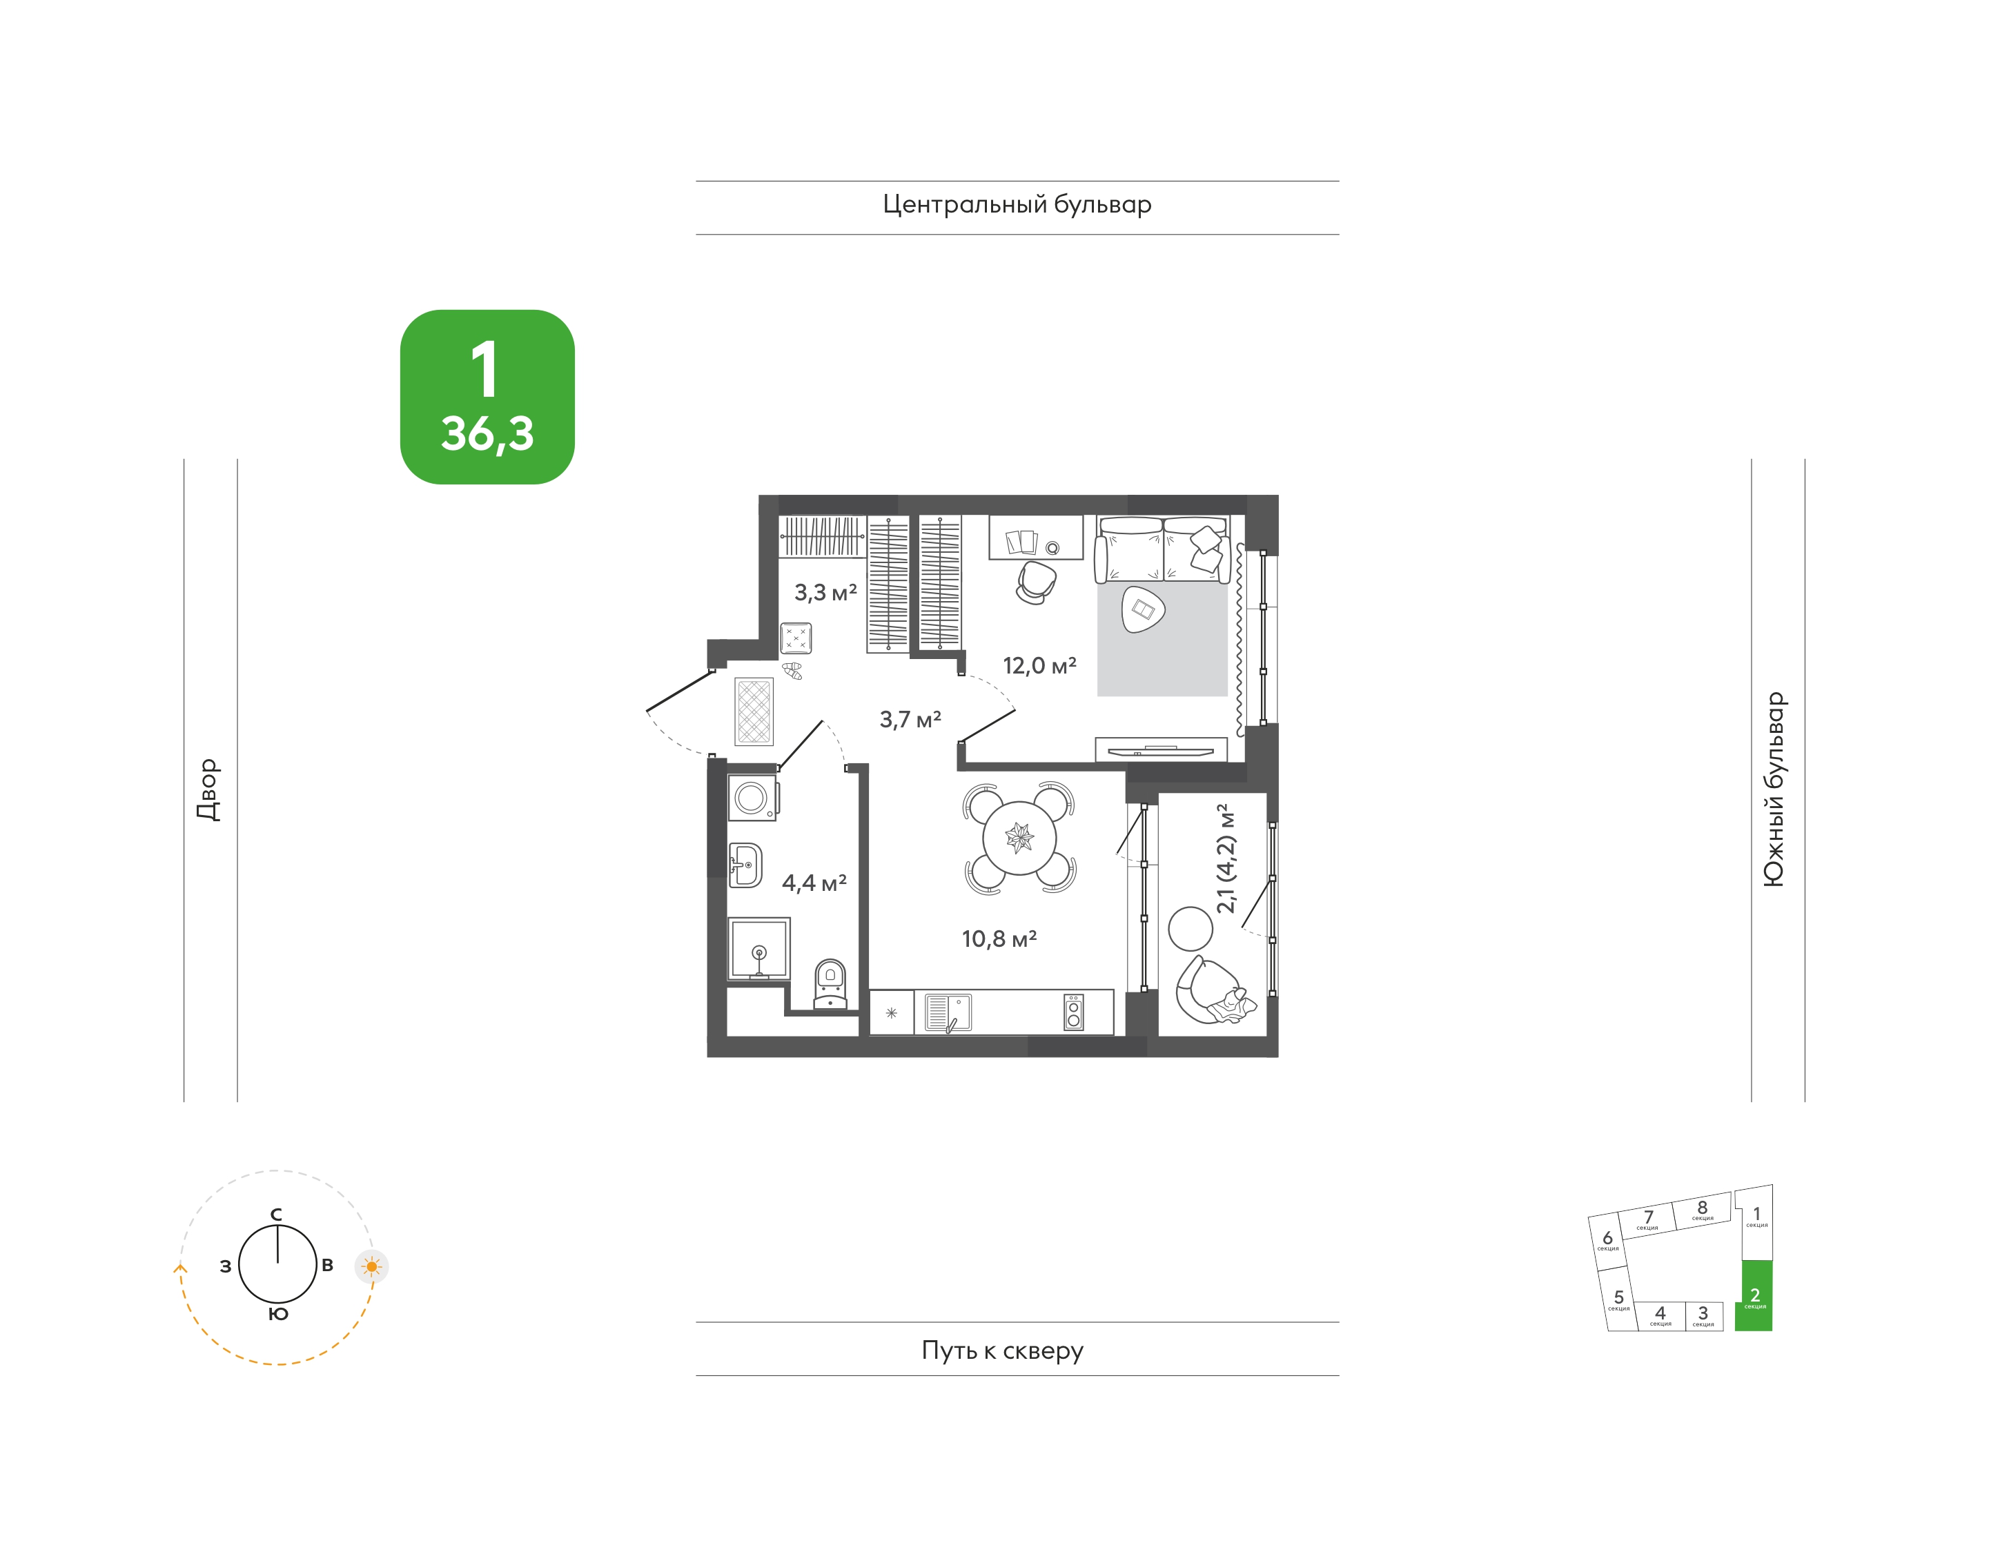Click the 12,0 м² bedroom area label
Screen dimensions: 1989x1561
(1039, 665)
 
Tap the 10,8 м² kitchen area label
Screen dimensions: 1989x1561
(999, 939)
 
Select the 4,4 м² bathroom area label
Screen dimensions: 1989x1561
(814, 883)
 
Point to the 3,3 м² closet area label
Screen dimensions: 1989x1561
(825, 592)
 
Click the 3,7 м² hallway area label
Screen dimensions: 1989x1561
(910, 719)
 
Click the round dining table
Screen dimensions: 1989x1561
(1019, 836)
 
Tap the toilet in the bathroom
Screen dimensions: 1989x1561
(830, 983)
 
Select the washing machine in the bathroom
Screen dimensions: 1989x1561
(752, 798)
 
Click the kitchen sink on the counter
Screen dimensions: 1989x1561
(948, 1012)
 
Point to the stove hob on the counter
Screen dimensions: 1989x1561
(1074, 1012)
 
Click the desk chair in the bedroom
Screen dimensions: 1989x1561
(1036, 582)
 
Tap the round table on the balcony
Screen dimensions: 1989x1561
(1190, 929)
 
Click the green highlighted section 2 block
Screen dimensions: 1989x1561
(1754, 1295)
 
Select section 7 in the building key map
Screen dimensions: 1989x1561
(1648, 1219)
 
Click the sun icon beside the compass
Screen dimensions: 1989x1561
(371, 1267)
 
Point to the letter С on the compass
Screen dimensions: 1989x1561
(276, 1215)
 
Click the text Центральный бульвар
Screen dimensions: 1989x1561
(1017, 205)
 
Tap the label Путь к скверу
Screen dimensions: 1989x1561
(1003, 1351)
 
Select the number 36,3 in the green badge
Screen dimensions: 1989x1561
(487, 434)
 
